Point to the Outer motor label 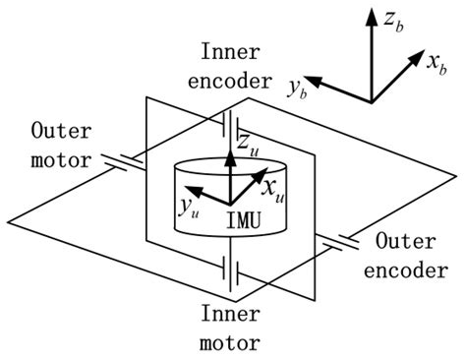(61, 144)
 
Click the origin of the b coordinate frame (372, 101)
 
